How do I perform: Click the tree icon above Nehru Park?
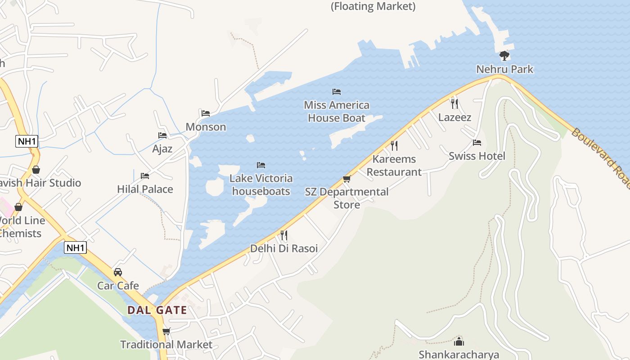click(x=504, y=55)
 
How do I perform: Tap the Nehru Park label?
click(x=505, y=69)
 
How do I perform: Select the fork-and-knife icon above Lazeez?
click(x=454, y=103)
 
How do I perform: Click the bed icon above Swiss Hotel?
click(x=477, y=143)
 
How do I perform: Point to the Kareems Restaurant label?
click(x=394, y=166)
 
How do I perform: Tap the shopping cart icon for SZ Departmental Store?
click(x=346, y=179)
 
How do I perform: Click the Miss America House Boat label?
click(x=337, y=112)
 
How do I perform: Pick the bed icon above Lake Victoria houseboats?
click(x=261, y=165)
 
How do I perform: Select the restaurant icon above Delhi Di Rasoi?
click(x=284, y=235)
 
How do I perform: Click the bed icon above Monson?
click(x=206, y=113)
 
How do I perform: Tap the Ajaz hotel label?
click(x=162, y=149)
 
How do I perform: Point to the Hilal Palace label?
click(x=145, y=189)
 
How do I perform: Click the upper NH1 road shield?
click(x=27, y=141)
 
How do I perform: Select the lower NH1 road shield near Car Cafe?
click(x=75, y=247)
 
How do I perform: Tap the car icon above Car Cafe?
click(x=118, y=272)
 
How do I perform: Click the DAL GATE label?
click(x=157, y=310)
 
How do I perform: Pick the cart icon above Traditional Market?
click(x=166, y=332)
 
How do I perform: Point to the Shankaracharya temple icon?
click(x=459, y=341)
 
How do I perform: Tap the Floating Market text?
click(x=373, y=6)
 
